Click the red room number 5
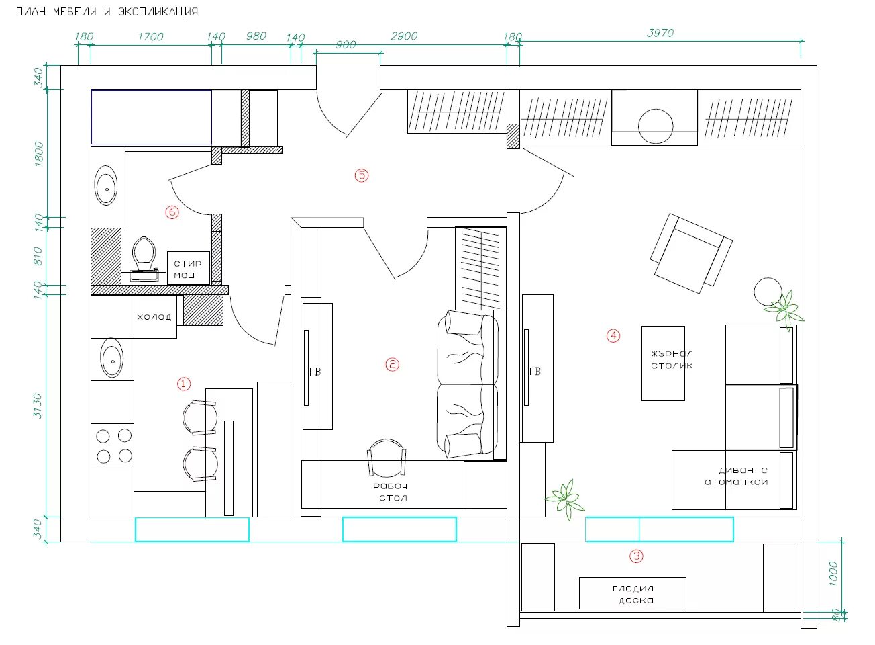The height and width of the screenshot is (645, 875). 362,175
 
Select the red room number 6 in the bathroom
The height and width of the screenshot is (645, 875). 172,212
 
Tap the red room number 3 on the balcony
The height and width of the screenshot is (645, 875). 636,556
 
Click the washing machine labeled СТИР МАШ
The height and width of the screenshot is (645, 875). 189,268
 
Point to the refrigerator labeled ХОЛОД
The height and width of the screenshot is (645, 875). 155,316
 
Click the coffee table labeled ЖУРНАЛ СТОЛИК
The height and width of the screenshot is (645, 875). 663,363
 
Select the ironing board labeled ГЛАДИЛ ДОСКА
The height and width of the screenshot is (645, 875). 632,593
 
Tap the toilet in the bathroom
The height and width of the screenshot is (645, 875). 144,258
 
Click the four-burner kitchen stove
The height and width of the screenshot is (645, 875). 113,445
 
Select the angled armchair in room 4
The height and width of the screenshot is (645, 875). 691,253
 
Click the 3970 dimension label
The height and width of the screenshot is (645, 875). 660,33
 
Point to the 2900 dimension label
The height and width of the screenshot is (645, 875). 404,36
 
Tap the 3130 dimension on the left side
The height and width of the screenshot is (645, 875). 38,406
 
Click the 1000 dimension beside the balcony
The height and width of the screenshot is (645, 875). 833,573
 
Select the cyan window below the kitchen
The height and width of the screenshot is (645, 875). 192,529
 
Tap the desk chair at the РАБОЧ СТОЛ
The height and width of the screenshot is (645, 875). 387,458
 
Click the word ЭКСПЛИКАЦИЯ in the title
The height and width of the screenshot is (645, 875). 158,11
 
